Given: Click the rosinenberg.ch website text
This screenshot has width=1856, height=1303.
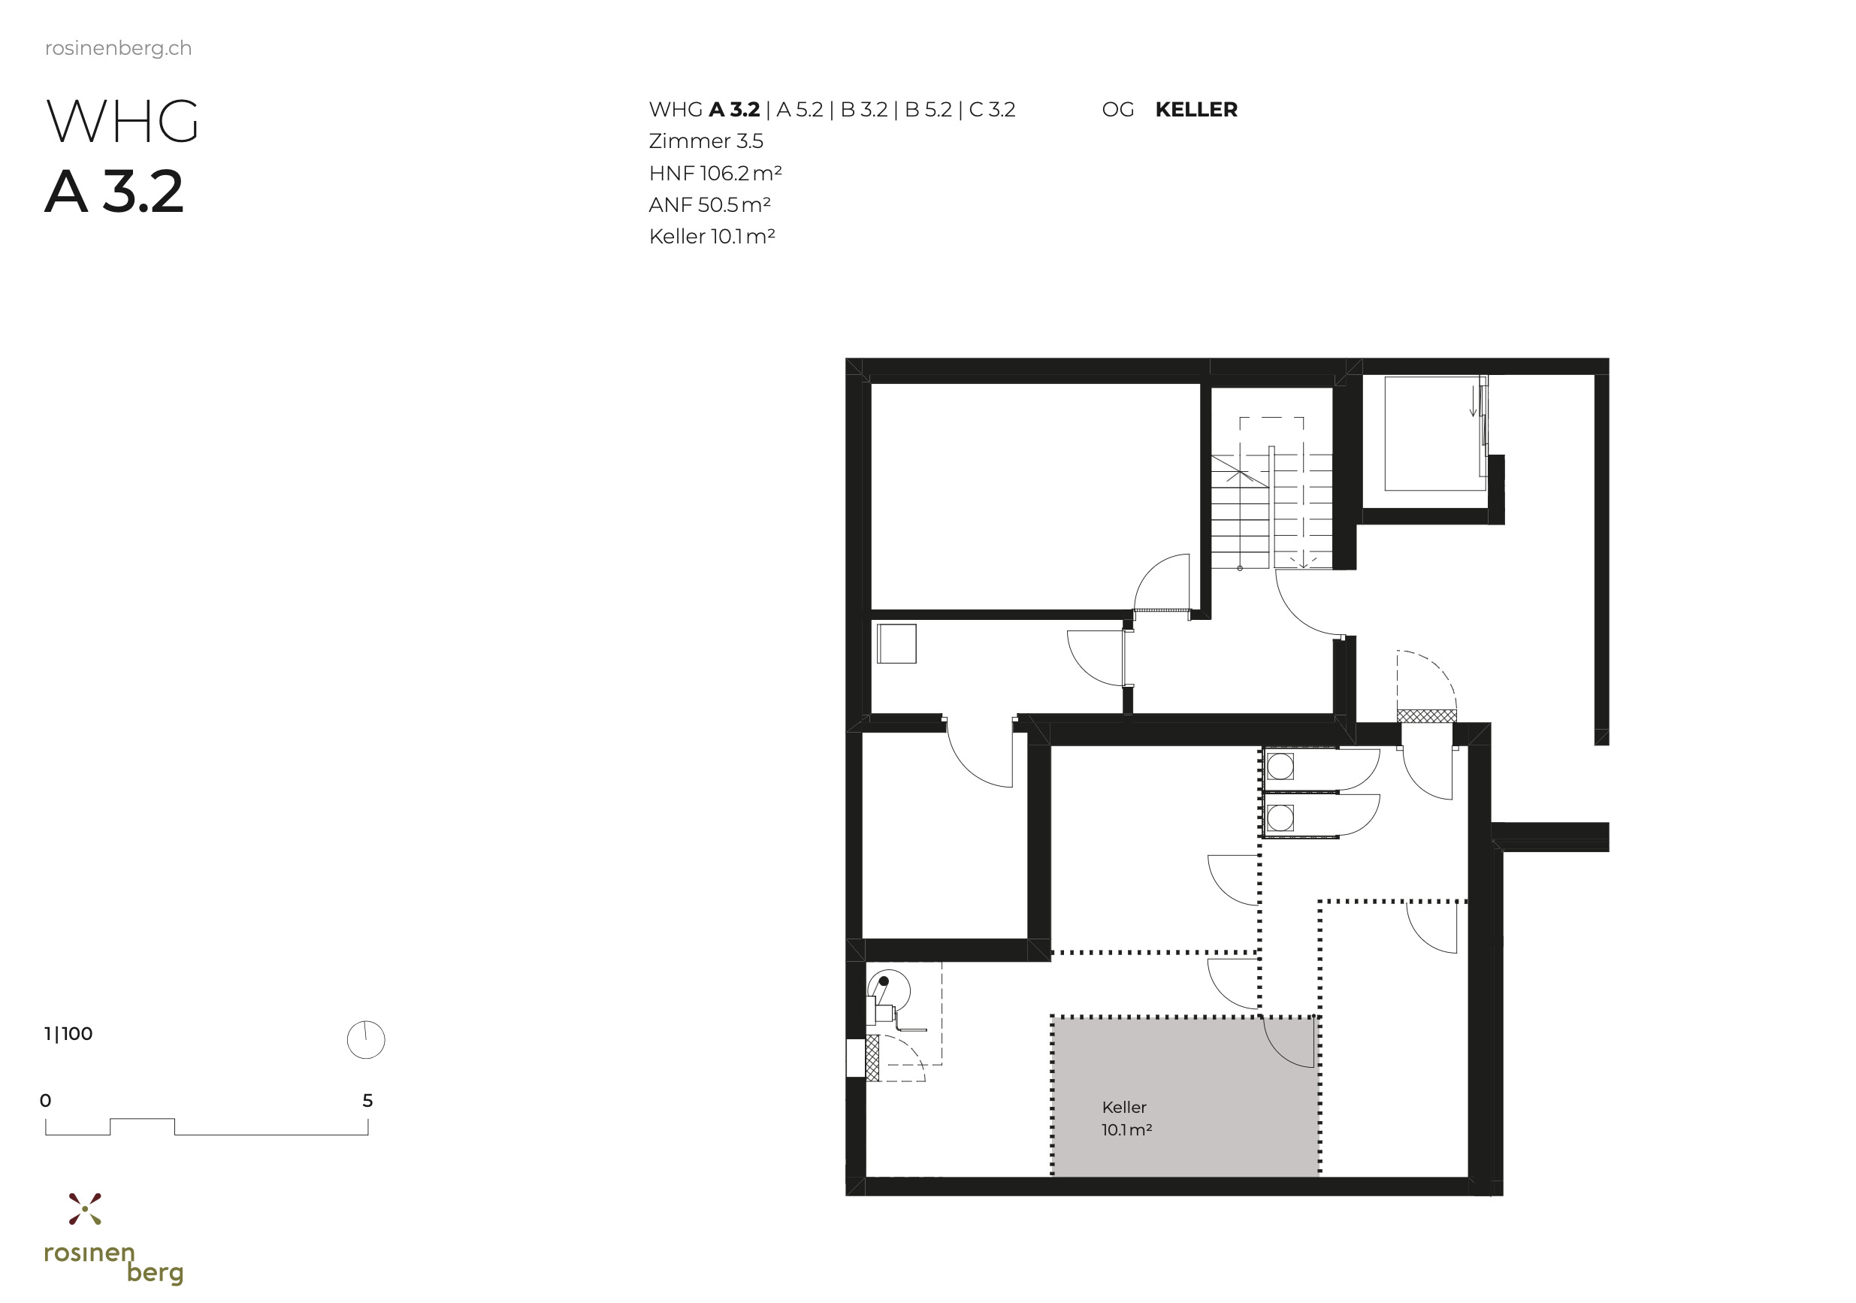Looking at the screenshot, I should [118, 49].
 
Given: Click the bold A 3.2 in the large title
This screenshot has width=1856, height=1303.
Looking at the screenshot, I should [114, 192].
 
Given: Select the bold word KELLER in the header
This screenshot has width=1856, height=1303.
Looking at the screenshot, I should [1196, 110].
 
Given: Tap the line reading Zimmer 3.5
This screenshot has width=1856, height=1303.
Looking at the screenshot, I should [706, 141].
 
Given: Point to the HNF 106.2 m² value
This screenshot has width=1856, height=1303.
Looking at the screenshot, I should [715, 174].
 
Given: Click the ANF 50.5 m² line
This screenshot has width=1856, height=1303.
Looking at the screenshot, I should [709, 205].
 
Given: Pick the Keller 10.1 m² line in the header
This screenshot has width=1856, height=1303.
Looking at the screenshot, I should [712, 237].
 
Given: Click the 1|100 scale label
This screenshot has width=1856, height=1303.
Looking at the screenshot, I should [68, 1034].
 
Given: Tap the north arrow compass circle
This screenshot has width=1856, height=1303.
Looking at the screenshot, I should [365, 1039].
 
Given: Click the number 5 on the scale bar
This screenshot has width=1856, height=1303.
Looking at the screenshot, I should [367, 1101].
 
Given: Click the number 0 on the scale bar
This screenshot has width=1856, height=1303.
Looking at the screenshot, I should [45, 1101].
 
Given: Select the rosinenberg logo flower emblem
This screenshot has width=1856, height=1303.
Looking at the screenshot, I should [85, 1208].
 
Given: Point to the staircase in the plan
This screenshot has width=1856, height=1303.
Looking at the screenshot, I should [1271, 509].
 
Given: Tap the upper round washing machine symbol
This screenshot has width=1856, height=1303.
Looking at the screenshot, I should [1280, 766].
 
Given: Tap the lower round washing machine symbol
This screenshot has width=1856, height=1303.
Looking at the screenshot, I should [1280, 818].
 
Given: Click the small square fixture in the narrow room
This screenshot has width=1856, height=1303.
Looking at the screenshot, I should [896, 644].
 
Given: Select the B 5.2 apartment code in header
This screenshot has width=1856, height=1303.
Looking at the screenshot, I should [929, 110].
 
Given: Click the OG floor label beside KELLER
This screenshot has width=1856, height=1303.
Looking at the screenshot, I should [1118, 110].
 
